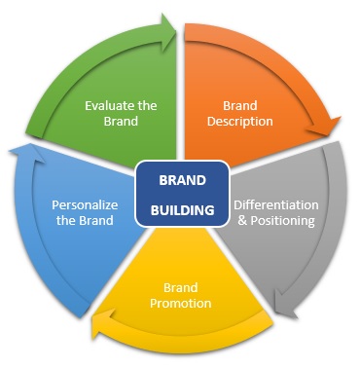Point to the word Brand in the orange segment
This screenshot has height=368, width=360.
(x=239, y=106)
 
